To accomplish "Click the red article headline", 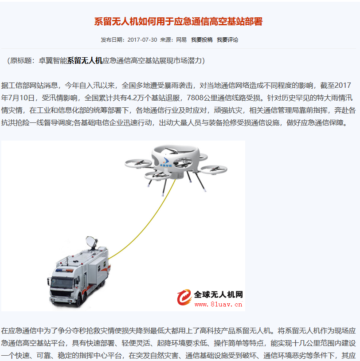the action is point(178,22).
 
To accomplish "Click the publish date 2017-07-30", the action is point(142,40).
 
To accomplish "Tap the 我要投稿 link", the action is point(202,40).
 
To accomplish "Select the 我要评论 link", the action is point(227,40).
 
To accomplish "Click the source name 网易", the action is point(181,40).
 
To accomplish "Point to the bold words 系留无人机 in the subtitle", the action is point(85,61).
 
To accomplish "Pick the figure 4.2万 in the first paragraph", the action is point(135,98).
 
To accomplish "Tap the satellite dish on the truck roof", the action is point(92,242).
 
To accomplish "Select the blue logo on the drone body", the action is point(166,162).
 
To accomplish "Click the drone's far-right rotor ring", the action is point(213,169).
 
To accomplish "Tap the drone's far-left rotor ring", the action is point(138,164).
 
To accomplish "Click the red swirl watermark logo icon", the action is point(184,297).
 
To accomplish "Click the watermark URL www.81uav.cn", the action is point(218,304).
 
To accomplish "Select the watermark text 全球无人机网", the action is point(218,294).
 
